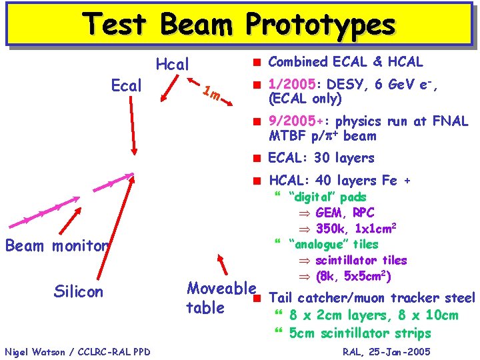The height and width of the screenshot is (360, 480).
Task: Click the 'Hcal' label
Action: point(172,65)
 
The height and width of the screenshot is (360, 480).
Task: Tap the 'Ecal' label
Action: point(126,86)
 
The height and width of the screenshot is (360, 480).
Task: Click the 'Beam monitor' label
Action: point(57,245)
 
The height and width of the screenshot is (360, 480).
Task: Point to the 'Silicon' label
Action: point(78,291)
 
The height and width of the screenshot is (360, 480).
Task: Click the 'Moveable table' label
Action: point(221,298)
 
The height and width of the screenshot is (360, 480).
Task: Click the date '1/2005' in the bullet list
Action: point(290,85)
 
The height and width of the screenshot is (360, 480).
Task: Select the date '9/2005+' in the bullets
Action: point(296,121)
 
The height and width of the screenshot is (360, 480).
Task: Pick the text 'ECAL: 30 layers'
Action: point(321,158)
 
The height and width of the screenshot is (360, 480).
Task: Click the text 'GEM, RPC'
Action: point(345,213)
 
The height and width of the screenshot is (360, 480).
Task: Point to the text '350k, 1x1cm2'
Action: point(359,229)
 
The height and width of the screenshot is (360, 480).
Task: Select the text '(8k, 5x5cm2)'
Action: point(353,275)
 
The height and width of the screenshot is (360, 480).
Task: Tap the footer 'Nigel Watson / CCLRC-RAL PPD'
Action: point(77,351)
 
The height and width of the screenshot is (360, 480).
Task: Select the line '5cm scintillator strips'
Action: point(360,333)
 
